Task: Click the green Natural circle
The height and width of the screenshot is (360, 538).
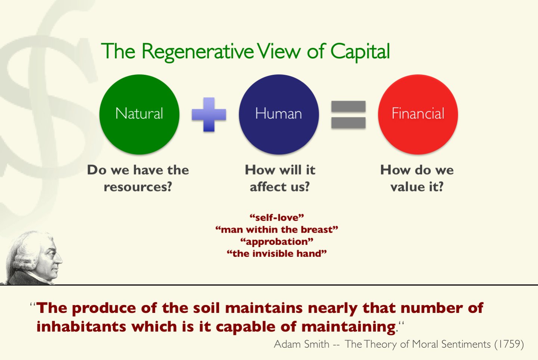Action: click(139, 114)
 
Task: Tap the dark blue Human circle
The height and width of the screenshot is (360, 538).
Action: click(279, 114)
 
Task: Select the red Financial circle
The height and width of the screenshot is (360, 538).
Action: click(418, 114)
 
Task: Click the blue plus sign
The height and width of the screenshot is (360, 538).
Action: click(209, 114)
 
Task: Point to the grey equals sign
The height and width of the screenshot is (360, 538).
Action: click(348, 114)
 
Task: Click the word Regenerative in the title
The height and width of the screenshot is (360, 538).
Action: click(197, 52)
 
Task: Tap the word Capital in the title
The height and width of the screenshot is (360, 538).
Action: click(360, 52)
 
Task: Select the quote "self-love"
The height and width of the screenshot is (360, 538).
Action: click(277, 218)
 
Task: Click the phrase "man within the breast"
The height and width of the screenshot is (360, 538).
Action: click(277, 230)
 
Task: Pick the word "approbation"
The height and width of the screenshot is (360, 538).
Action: click(277, 241)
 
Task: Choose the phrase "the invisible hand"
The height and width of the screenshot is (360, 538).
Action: click(277, 253)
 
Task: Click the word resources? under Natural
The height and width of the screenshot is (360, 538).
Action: click(138, 187)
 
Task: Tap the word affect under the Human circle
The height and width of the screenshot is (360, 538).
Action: click(267, 187)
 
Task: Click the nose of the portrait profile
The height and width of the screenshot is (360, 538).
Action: click(60, 260)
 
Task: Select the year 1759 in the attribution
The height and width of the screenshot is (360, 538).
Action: click(509, 344)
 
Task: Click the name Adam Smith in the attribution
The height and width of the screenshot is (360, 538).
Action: click(302, 344)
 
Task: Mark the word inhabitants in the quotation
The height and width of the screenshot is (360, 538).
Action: click(81, 327)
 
